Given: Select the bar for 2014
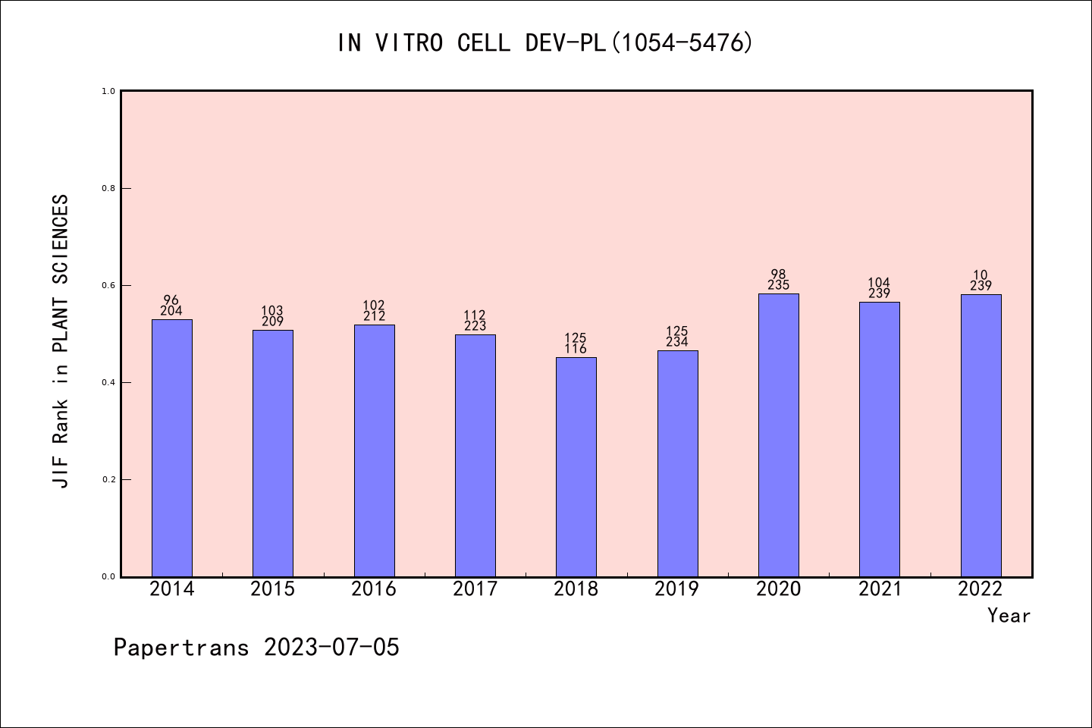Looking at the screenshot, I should tap(171, 447).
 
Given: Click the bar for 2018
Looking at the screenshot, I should tap(576, 466).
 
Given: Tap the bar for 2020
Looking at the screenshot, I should tap(778, 435).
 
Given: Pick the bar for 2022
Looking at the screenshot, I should tap(981, 435).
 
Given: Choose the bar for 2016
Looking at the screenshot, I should tap(374, 450).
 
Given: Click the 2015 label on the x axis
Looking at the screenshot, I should tap(273, 588).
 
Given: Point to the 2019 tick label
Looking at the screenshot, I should tap(677, 588).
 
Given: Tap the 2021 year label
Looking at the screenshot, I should tap(880, 588).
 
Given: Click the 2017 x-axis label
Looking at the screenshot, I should tap(475, 588).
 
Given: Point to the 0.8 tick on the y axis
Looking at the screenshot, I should tap(108, 188).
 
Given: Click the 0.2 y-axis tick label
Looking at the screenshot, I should tap(108, 479).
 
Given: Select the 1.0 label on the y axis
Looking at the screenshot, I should tap(108, 91).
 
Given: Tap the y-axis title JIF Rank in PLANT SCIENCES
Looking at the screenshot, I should tap(61, 341).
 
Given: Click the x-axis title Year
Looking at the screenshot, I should tap(1009, 616).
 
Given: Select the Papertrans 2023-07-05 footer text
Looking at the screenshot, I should tap(256, 648).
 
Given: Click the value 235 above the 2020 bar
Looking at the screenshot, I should tap(778, 286).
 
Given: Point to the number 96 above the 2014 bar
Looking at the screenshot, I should tap(171, 300).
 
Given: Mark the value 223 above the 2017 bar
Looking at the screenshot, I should tap(475, 326).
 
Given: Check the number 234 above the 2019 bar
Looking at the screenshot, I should tap(677, 342).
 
